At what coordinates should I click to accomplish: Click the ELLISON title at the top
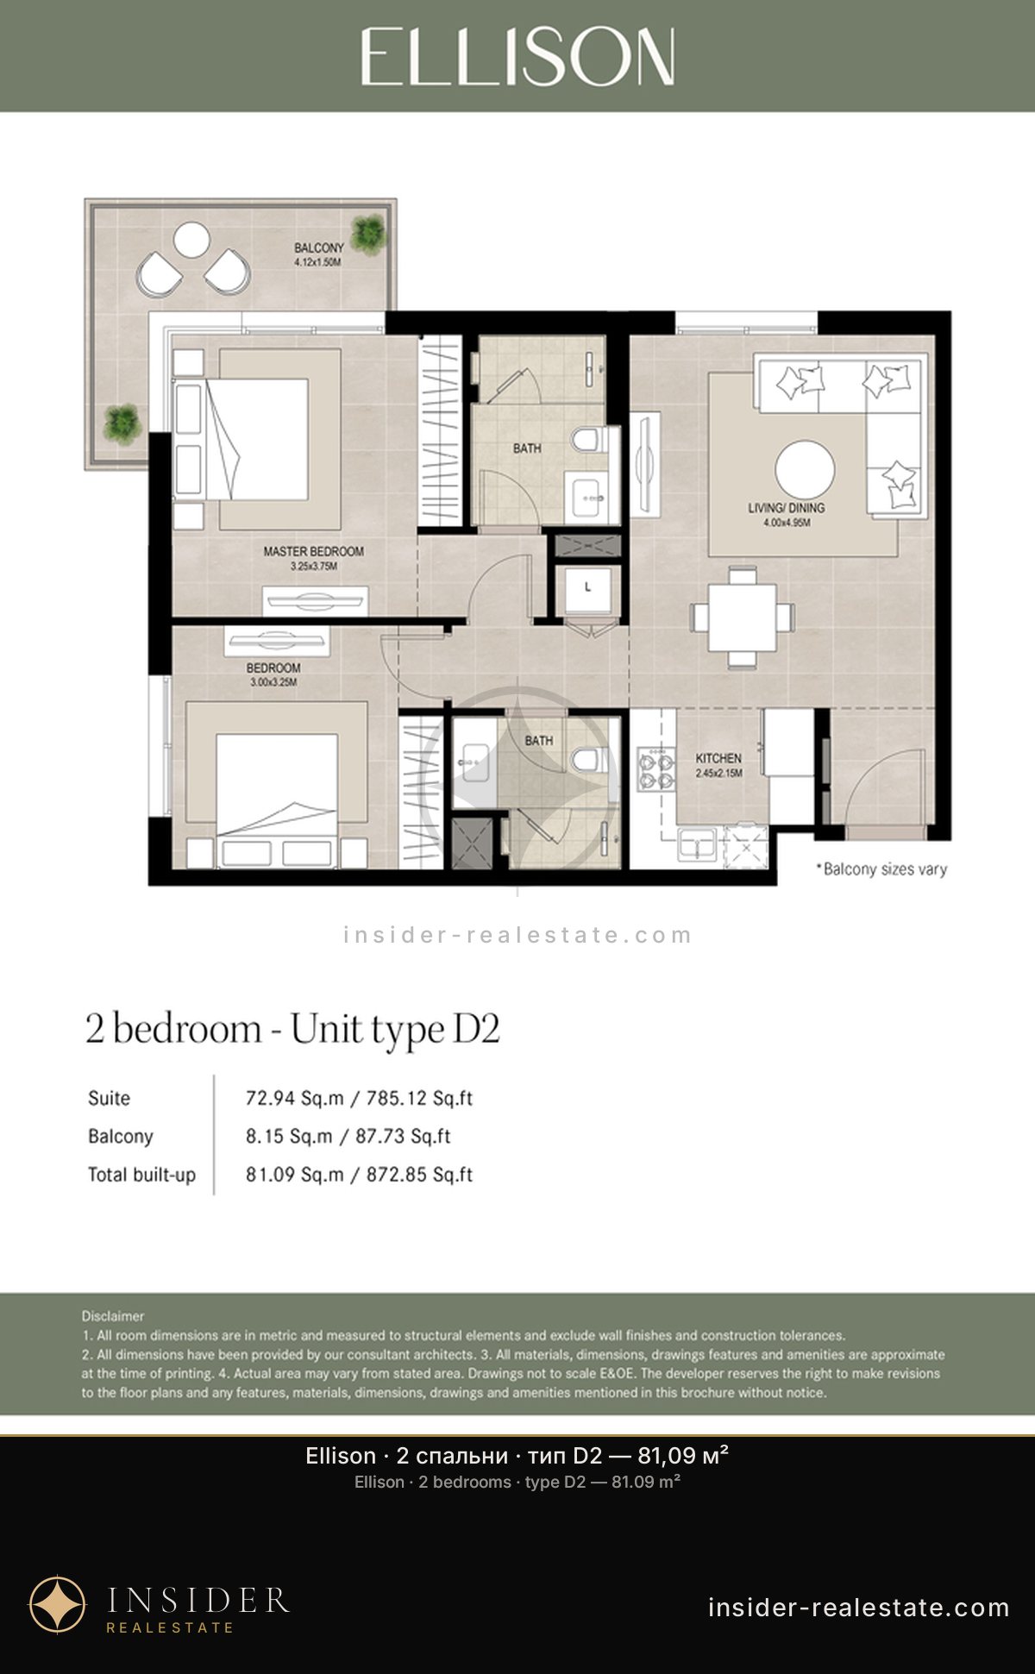[517, 56]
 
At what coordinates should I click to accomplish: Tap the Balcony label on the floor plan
[318, 248]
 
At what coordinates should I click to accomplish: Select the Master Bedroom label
[313, 551]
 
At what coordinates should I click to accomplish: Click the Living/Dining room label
[786, 508]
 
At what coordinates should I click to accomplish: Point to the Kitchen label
[718, 758]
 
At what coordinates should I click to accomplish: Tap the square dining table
[742, 618]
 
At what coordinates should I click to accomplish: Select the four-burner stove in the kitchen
[655, 770]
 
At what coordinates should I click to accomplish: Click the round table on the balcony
[191, 240]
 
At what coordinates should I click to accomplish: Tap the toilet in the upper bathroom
[585, 441]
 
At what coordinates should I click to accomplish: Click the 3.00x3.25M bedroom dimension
[273, 682]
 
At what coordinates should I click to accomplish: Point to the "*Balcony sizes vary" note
[881, 868]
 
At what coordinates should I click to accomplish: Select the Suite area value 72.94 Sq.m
[295, 1099]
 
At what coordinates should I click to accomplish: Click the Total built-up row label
[141, 1175]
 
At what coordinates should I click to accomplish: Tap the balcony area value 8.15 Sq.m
[289, 1137]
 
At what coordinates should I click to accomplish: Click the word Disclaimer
[113, 1316]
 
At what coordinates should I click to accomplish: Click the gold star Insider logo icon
[58, 1605]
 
